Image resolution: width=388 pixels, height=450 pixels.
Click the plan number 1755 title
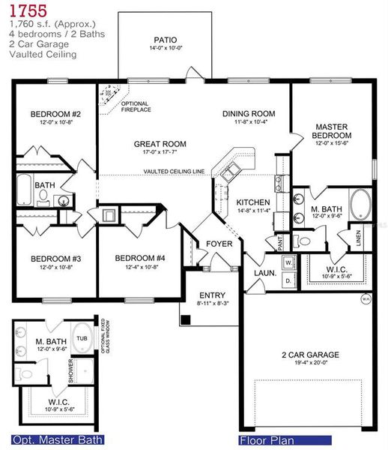(x=28, y=10)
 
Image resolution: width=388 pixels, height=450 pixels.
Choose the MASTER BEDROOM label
(x=333, y=131)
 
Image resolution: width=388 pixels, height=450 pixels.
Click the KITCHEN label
(x=252, y=202)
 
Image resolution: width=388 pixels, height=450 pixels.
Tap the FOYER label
(x=219, y=244)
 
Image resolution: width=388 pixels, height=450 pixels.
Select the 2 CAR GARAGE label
(x=310, y=355)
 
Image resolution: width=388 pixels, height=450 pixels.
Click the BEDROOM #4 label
(x=139, y=259)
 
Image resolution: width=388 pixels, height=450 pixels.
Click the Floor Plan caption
(x=266, y=440)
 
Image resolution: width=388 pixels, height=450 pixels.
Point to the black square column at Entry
(x=185, y=318)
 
